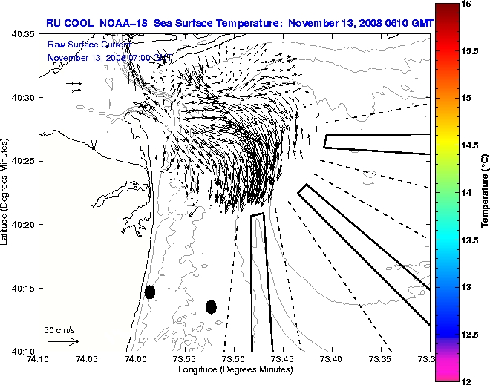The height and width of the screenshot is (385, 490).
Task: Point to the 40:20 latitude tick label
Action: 23,225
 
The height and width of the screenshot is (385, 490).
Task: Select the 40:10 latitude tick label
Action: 23,351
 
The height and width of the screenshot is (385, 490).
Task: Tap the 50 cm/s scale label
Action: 59,329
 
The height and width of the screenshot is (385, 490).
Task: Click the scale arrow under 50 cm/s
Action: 63,341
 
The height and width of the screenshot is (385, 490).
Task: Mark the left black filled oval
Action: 150,292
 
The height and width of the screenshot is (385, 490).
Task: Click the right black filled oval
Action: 211,306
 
